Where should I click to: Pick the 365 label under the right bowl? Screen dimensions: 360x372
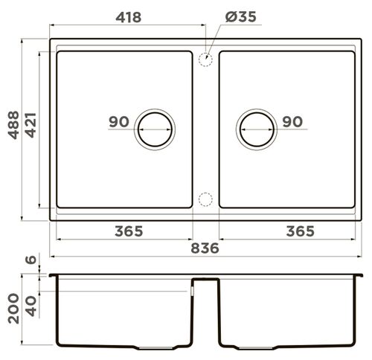[300, 231]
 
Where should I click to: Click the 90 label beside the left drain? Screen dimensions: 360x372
[118, 122]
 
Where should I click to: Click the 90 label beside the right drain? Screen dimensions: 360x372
[292, 122]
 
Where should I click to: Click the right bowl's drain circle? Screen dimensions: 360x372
[257, 129]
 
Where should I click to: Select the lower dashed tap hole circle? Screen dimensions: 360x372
[206, 199]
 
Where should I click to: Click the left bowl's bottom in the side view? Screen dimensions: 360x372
[123, 346]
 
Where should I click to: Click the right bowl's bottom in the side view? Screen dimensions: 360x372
[286, 346]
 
